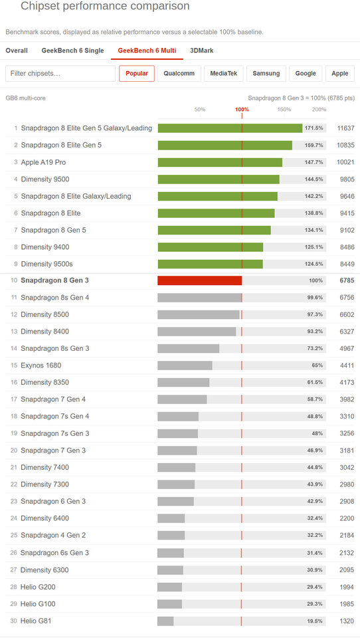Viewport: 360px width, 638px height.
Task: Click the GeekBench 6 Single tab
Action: coord(73,51)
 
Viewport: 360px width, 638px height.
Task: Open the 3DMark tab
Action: coord(202,51)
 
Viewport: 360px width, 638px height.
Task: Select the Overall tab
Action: coord(17,51)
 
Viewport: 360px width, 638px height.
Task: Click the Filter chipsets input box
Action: coord(60,74)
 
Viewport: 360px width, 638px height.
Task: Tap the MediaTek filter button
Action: coord(224,74)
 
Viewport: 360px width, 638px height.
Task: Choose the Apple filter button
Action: coord(339,74)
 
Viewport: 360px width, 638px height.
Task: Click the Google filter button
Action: coord(306,74)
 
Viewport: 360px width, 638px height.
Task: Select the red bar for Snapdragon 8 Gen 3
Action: coord(200,280)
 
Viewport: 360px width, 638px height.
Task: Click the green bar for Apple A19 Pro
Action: coord(220,162)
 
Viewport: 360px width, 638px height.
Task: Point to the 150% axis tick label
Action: coord(284,110)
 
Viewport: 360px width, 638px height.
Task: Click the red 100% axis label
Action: coord(242,110)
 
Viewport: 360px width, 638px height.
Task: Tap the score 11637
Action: coord(346,128)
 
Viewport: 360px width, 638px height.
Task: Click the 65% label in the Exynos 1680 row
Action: coord(317,366)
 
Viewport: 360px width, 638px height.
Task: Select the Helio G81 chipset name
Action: coord(36,621)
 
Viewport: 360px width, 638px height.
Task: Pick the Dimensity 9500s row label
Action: coord(46,264)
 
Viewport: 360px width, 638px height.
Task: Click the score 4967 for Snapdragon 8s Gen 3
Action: coord(347,349)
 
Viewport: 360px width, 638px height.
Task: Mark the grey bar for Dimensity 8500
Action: coord(199,314)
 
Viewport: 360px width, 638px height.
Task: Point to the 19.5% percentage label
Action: coord(315,621)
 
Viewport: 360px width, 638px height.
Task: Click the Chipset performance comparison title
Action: coord(105,7)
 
